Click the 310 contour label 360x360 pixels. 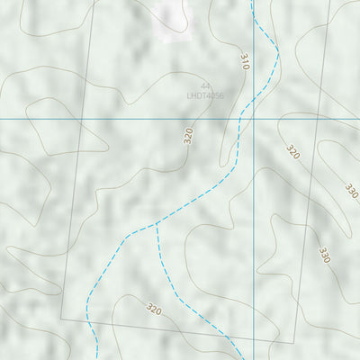point(244,61)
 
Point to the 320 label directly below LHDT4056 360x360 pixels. point(188,136)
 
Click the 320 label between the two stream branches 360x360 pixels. point(154,310)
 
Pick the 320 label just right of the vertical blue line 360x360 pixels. point(292,152)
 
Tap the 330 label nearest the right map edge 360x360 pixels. point(351,191)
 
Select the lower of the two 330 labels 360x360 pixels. point(324,255)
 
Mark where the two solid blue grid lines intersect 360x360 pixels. point(253,118)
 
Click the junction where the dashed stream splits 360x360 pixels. point(157,224)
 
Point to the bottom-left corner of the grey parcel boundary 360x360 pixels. point(61,319)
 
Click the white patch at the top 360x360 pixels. point(171,18)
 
